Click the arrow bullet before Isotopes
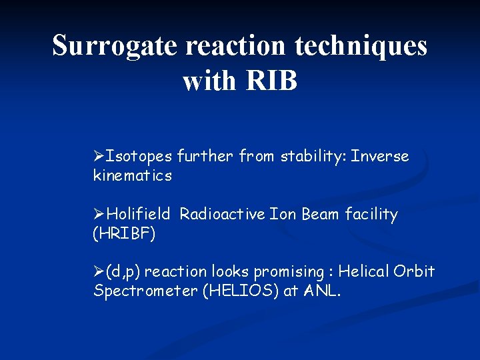(100, 157)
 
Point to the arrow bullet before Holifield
(100, 215)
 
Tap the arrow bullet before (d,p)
(100, 272)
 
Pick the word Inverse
(380, 157)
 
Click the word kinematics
(133, 176)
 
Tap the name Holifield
(139, 215)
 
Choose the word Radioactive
(223, 215)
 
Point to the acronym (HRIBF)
(124, 234)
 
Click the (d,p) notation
(123, 272)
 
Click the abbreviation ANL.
(323, 291)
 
